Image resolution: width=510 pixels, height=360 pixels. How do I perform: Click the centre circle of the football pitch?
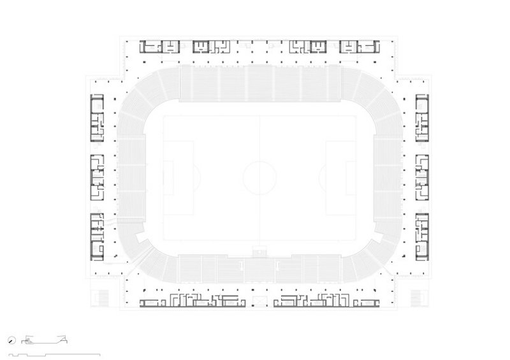(x=259, y=178)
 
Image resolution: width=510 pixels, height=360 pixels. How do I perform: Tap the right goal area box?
(x=351, y=178)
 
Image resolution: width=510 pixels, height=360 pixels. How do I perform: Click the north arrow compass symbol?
(x=13, y=340)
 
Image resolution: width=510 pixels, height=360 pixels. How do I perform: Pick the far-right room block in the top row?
(x=360, y=47)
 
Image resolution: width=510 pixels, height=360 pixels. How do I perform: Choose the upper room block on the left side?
(x=97, y=119)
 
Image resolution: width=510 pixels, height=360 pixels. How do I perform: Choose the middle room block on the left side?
(x=97, y=178)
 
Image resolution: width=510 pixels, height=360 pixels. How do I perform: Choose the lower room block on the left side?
(x=97, y=236)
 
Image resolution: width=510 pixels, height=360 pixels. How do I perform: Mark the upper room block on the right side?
(x=422, y=119)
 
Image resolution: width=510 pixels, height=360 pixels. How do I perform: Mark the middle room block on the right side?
(x=422, y=178)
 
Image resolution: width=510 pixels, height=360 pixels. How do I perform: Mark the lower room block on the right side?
(x=422, y=236)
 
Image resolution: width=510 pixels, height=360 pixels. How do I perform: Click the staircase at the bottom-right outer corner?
(x=418, y=298)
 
